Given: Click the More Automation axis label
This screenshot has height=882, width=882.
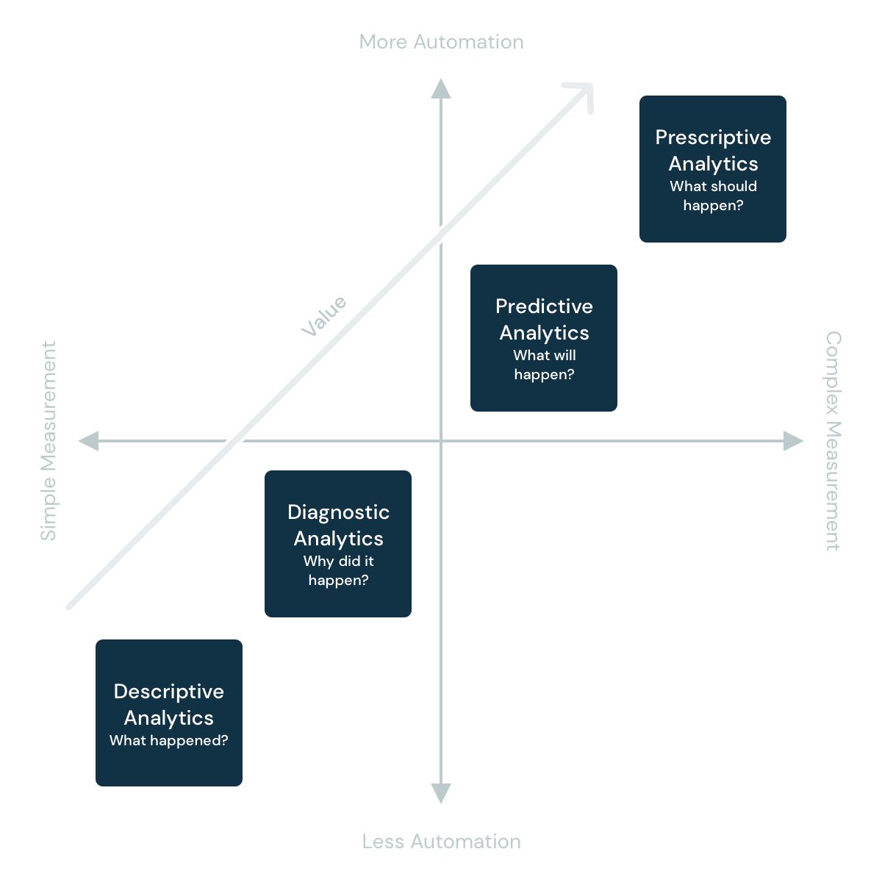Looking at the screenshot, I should (441, 42).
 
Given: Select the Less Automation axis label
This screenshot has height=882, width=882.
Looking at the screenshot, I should (441, 842).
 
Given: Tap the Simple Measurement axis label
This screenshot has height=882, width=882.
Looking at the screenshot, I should (48, 441).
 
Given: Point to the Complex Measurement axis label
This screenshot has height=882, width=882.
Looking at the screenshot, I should (833, 441).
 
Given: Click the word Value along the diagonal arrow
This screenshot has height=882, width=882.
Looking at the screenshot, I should (323, 317).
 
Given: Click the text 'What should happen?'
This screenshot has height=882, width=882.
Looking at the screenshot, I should (713, 196).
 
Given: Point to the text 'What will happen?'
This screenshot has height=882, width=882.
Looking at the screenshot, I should (544, 365).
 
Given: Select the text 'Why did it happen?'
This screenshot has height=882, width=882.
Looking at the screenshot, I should (338, 571).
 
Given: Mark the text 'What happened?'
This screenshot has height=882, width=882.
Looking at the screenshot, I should (168, 741).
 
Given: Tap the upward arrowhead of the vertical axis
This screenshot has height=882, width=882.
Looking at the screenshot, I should (440, 87).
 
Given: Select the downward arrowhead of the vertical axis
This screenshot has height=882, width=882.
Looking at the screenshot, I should (440, 793).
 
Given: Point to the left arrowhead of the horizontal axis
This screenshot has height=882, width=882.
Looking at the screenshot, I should (88, 441).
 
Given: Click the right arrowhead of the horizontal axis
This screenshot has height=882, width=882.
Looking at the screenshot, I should (794, 441).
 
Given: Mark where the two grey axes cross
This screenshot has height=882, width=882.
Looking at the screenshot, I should (440, 441).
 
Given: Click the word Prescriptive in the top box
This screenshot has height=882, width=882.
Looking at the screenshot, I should (713, 137).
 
